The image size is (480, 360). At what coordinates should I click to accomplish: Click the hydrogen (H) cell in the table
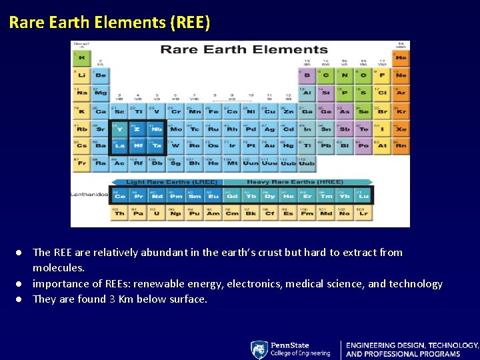pyautogui.click(x=81, y=58)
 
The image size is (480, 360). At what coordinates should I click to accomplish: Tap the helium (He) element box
pyautogui.click(x=401, y=58)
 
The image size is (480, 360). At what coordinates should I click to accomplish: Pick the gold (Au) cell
pyautogui.click(x=269, y=145)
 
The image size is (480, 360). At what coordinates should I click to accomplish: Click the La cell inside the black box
pyautogui.click(x=119, y=145)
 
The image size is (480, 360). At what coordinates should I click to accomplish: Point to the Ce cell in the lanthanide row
pyautogui.click(x=120, y=196)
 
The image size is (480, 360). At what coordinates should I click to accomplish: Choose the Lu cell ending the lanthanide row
pyautogui.click(x=363, y=196)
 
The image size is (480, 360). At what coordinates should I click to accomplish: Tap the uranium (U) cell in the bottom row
pyautogui.click(x=157, y=213)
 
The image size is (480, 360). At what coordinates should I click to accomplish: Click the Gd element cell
pyautogui.click(x=232, y=196)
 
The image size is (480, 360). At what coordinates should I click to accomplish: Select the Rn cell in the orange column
pyautogui.click(x=401, y=145)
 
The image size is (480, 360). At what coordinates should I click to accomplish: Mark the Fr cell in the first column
pyautogui.click(x=81, y=162)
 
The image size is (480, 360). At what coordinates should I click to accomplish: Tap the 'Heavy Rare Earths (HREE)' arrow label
pyautogui.click(x=295, y=182)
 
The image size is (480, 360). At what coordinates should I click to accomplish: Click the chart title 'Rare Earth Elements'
pyautogui.click(x=244, y=49)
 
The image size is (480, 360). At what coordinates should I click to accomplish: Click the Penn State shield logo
pyautogui.click(x=259, y=349)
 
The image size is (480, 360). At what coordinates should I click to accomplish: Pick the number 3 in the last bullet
pyautogui.click(x=112, y=299)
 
